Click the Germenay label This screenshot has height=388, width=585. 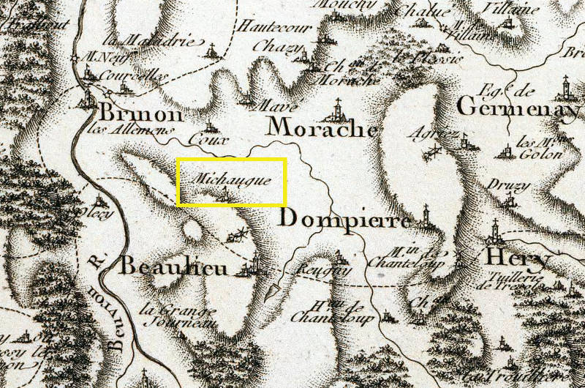click(x=518, y=108)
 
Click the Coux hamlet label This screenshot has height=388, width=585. click(x=203, y=138)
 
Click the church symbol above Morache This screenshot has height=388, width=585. click(x=337, y=109)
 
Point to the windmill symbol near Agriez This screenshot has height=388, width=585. click(x=437, y=152)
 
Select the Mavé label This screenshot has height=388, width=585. click(x=264, y=106)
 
